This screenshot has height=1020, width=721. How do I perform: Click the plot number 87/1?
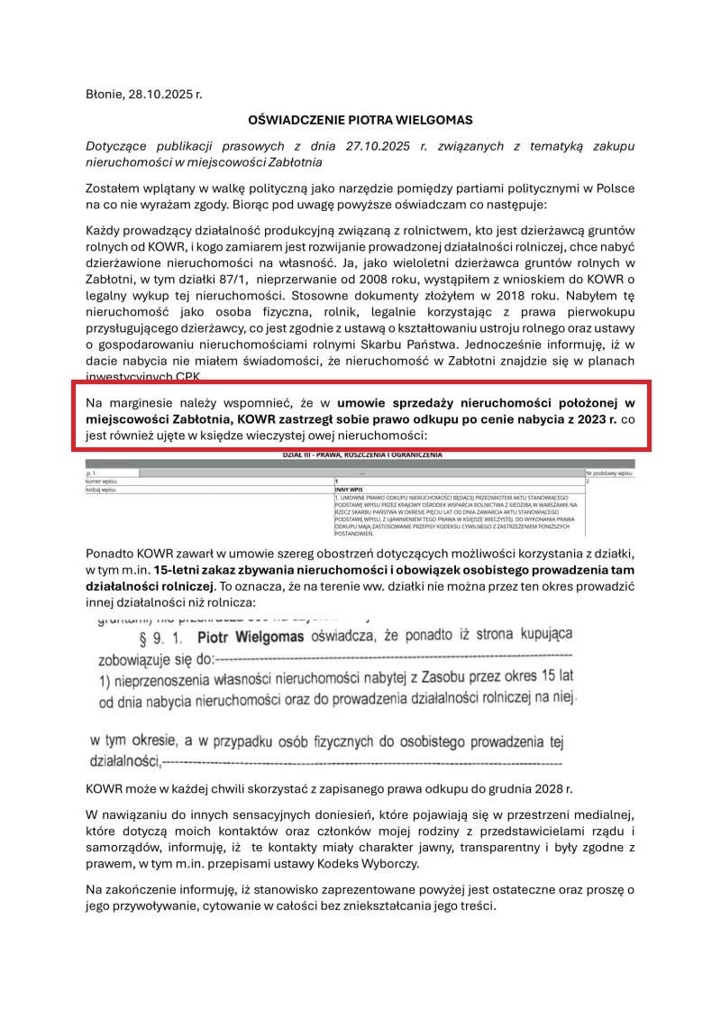pyautogui.click(x=221, y=280)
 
